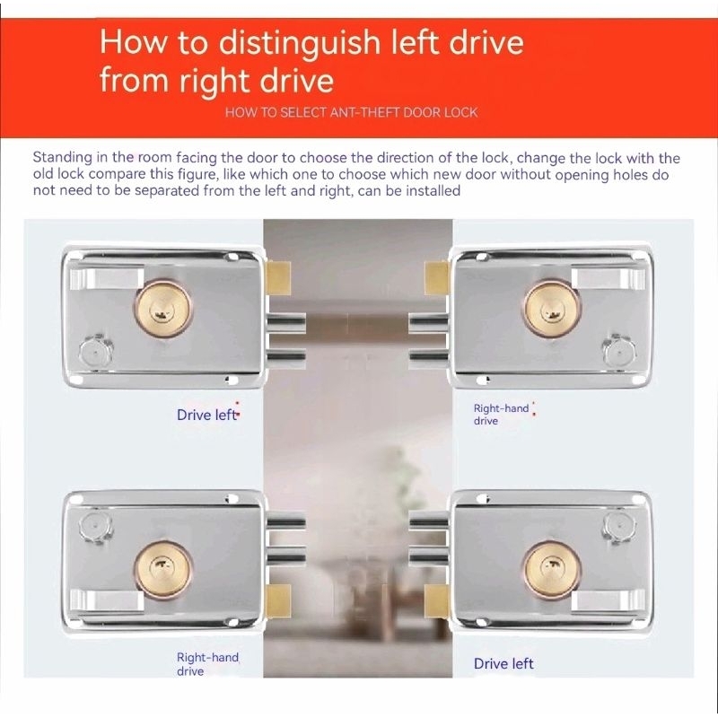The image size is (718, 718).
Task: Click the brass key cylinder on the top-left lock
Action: (163, 310)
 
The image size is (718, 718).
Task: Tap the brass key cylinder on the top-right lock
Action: (552, 310)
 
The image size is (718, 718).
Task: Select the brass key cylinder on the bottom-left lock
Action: (163, 569)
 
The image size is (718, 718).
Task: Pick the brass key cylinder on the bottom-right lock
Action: (552, 569)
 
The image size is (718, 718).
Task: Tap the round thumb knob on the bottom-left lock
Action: (96, 528)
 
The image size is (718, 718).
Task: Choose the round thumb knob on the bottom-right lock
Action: (619, 528)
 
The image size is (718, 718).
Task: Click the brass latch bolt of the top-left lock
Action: (278, 278)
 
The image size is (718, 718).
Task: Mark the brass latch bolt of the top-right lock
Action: (436, 278)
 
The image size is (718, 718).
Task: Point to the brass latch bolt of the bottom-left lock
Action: (278, 601)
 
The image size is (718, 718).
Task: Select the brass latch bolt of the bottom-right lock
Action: (436, 601)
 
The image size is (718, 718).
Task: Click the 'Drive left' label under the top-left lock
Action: (207, 415)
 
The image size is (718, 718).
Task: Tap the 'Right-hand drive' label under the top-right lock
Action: (501, 415)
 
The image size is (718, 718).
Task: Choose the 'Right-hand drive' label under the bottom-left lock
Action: (207, 664)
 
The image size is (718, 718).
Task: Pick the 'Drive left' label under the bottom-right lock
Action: (503, 663)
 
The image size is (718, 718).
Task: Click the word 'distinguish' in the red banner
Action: (301, 43)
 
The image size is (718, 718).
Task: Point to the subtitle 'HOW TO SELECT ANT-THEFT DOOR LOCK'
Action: (351, 113)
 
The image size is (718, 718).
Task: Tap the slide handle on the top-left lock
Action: (107, 279)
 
